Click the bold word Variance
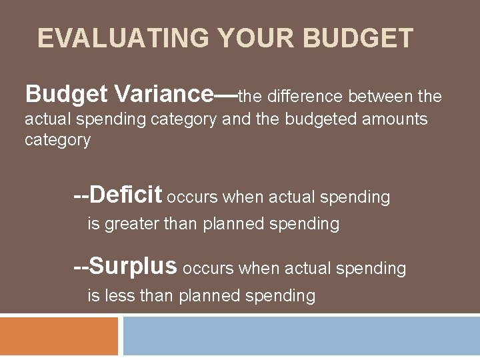(x=164, y=95)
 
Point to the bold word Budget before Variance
(x=66, y=95)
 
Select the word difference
(x=305, y=97)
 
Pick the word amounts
(x=394, y=119)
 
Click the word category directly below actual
(x=57, y=140)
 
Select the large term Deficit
(x=126, y=195)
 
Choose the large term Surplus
(x=133, y=267)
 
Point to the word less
(x=120, y=295)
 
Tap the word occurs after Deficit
(x=192, y=197)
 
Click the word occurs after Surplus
(x=208, y=269)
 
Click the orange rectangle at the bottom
(x=59, y=337)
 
